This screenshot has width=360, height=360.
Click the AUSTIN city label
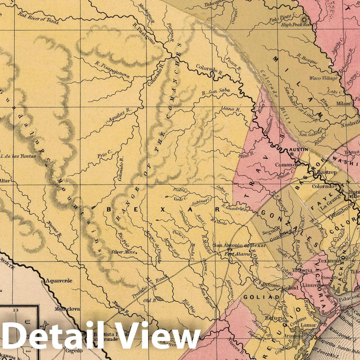pos(297,150)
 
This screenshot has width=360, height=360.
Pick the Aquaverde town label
pos(58,280)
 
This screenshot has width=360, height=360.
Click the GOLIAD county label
pos(260,297)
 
